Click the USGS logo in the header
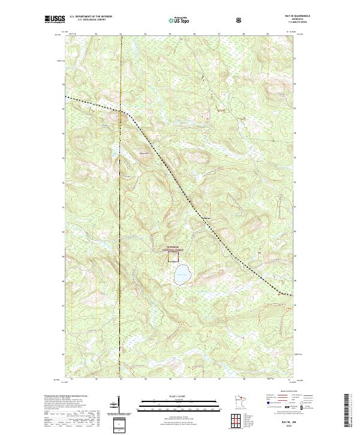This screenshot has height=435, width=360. tap(56, 19)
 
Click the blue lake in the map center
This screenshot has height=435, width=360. tap(182, 276)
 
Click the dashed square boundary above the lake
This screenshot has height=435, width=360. tap(173, 256)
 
